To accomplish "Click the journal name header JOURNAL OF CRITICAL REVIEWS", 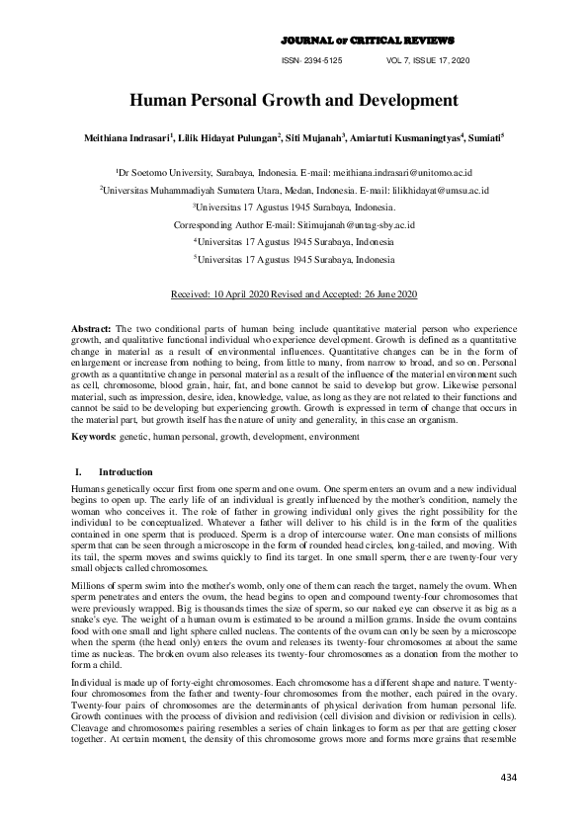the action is pyautogui.click(x=368, y=41).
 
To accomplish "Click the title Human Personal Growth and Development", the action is pyautogui.click(x=294, y=100).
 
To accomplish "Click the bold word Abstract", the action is pyautogui.click(x=93, y=327).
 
